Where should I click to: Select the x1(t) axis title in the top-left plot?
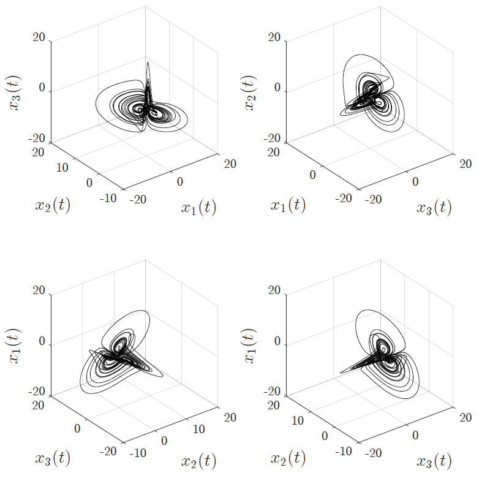pos(198,208)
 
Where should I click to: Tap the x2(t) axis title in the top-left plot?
pos(53,205)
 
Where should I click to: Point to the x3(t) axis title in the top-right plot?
pos(434,207)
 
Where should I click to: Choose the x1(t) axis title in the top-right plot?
pos(289,205)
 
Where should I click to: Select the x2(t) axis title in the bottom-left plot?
pos(198,461)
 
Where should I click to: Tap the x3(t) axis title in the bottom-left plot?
pos(53,458)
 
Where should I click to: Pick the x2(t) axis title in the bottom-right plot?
pos(289,458)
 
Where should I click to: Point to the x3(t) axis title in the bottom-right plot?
pos(434,461)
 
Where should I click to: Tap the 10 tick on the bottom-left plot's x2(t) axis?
pos(198,429)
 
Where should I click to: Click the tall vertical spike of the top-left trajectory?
pos(148,70)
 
